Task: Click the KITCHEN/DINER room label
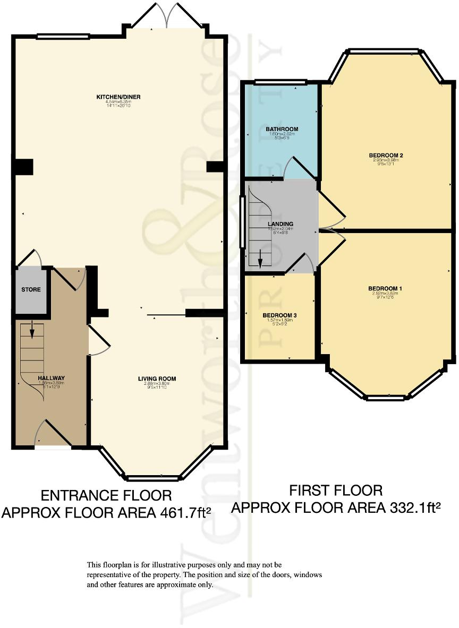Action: coord(118,97)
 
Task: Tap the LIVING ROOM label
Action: coord(157,378)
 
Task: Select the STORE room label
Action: coord(31,290)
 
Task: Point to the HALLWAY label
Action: coord(50,378)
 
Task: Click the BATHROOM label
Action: coord(282,129)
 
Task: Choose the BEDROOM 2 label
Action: coord(386,156)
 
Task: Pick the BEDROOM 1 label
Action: coord(385,288)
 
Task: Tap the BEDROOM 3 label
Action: coord(279,315)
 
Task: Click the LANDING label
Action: coord(280,225)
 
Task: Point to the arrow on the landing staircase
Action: coord(260,262)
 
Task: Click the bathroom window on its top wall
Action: coord(281,82)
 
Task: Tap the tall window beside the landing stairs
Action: coord(242,222)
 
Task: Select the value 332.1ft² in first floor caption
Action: coord(413,508)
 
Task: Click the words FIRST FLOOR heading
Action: coord(335,489)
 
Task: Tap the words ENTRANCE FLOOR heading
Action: coord(106,495)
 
